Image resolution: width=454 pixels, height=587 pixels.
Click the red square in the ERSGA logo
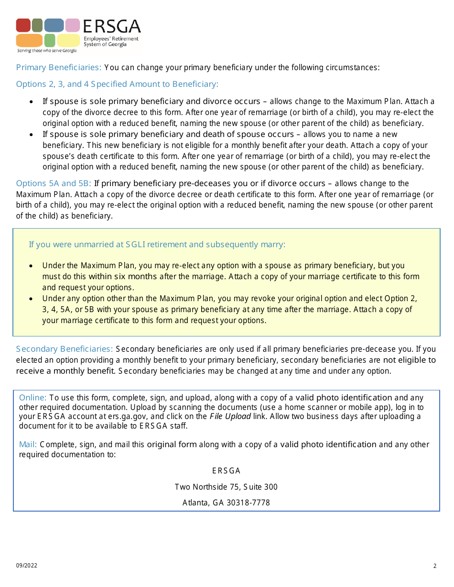[x=23, y=25]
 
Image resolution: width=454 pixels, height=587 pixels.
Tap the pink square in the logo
[x=73, y=25]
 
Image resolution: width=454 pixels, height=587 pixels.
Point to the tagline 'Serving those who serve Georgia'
[x=46, y=50]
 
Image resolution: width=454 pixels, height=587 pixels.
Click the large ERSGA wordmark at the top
[x=112, y=26]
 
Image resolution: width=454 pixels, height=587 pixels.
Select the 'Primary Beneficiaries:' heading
[x=59, y=67]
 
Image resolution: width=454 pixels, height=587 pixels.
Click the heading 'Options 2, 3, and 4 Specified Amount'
[x=117, y=84]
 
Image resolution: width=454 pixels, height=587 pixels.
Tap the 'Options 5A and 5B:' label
[x=54, y=183]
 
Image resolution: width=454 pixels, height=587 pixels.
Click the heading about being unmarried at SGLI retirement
[x=157, y=244]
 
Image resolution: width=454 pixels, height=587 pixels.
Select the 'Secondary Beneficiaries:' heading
[x=65, y=349]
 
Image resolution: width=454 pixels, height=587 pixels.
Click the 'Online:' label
[x=32, y=398]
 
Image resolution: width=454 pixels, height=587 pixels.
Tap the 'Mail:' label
[x=28, y=444]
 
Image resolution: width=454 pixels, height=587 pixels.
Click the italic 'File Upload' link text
[x=230, y=416]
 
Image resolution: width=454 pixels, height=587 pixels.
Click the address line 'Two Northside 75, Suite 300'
[x=226, y=487]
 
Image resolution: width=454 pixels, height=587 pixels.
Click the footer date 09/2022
[x=26, y=566]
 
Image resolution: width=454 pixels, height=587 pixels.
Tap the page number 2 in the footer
[x=435, y=566]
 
